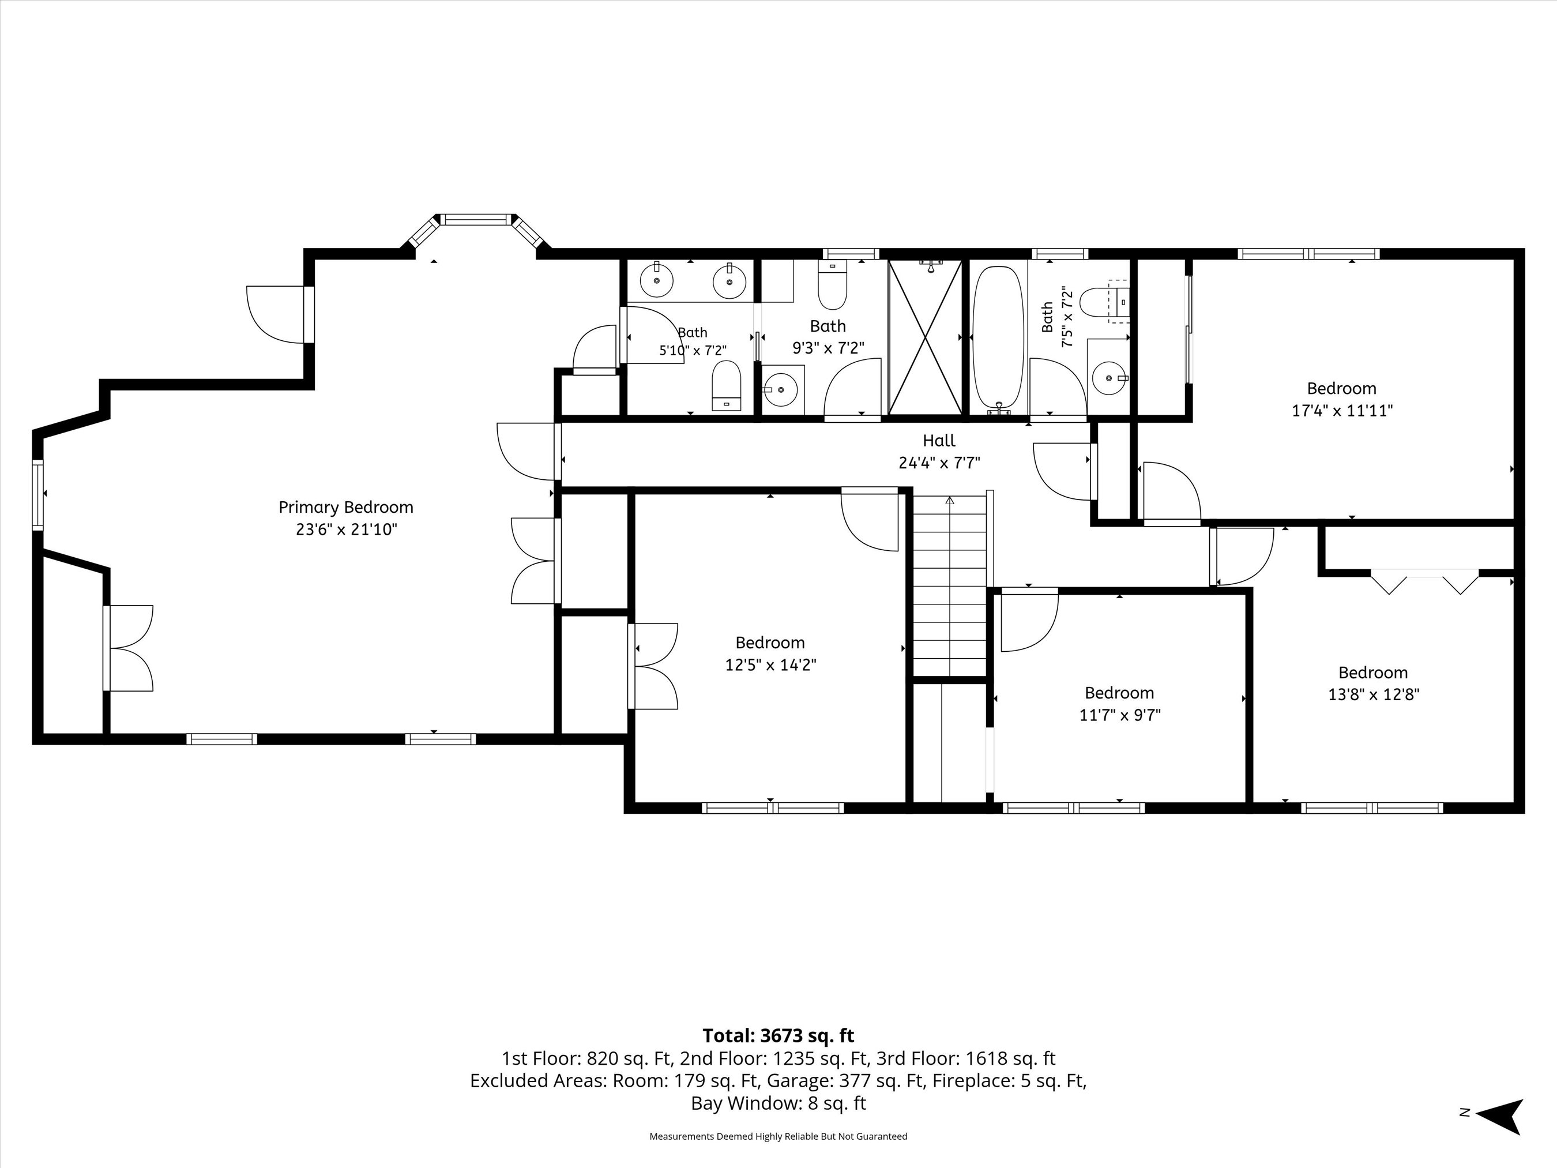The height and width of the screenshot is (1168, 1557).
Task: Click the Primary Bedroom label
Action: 345,508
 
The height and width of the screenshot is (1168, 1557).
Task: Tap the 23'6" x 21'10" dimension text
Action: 347,529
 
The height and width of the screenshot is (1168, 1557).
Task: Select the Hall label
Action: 939,441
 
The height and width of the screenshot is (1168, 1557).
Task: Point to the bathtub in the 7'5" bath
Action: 998,338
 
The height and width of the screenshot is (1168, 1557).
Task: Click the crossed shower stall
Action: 925,336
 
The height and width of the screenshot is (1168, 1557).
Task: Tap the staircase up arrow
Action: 950,501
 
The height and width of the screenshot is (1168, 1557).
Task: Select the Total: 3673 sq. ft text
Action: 778,1036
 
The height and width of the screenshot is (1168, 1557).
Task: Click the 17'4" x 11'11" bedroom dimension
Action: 1341,411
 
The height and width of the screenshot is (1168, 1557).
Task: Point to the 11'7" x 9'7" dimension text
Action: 1119,715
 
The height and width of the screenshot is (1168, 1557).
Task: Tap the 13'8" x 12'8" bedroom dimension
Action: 1373,695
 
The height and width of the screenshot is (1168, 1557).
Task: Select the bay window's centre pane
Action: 476,220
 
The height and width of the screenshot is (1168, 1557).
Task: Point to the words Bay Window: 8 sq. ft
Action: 778,1103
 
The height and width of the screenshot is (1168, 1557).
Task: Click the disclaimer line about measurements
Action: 778,1136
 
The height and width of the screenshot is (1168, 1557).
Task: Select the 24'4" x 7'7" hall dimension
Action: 939,463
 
